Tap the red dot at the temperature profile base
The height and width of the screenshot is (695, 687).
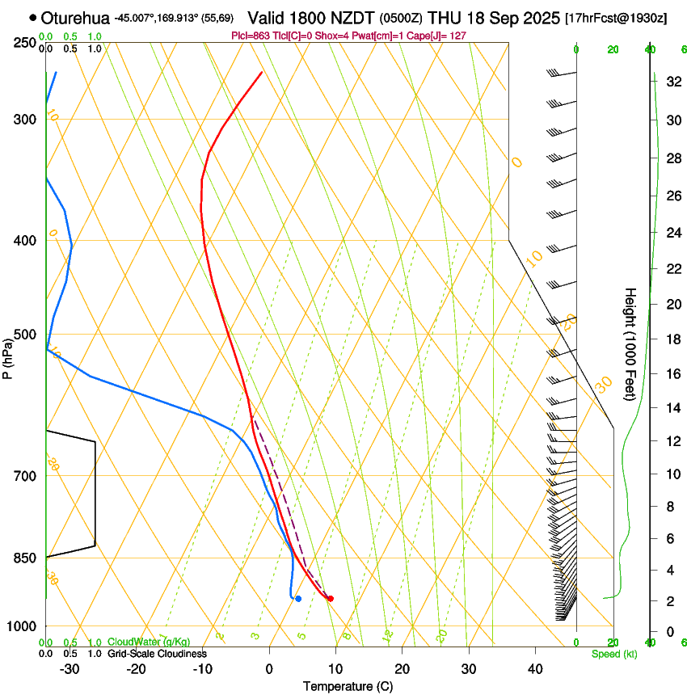[x=330, y=598]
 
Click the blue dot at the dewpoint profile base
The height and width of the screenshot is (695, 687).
[x=298, y=598]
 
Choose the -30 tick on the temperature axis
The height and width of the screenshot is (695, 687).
[x=70, y=668]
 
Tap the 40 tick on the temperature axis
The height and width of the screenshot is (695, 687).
[x=535, y=668]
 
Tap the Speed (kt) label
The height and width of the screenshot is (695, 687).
[x=613, y=654]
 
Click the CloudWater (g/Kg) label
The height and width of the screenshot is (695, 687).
[x=149, y=642]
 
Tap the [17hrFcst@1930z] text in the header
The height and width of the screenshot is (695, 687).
[x=616, y=18]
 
